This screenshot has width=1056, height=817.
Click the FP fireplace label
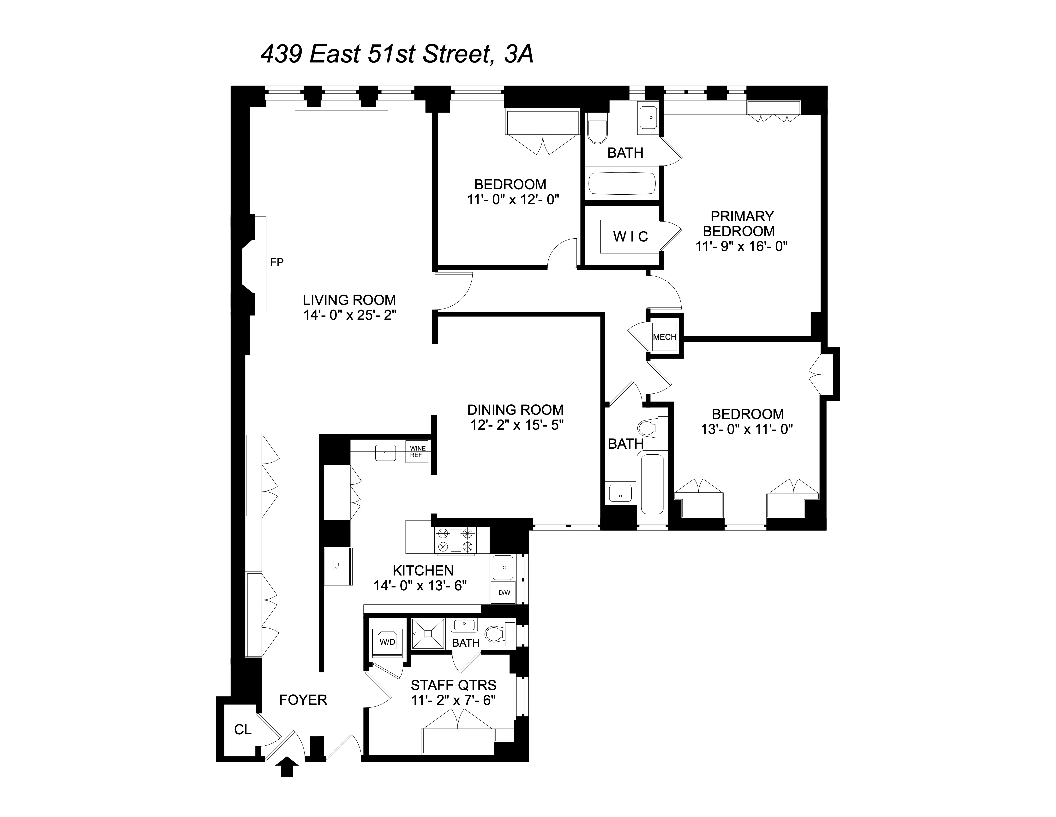pyautogui.click(x=276, y=262)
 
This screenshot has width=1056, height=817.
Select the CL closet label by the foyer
pyautogui.click(x=243, y=729)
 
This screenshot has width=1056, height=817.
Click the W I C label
pyautogui.click(x=630, y=237)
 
